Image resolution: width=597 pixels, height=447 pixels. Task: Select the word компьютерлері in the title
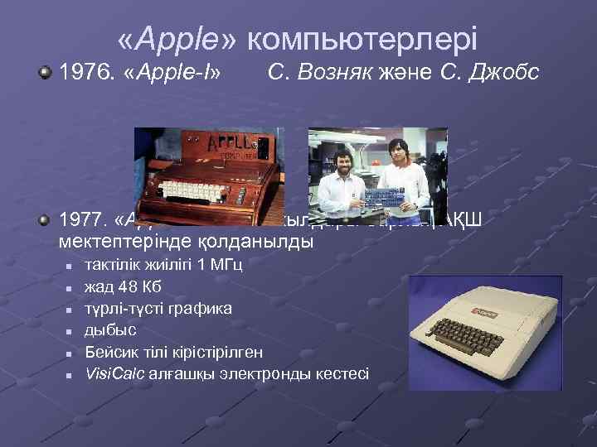(x=362, y=39)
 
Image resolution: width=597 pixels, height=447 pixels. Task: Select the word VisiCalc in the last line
(x=116, y=373)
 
